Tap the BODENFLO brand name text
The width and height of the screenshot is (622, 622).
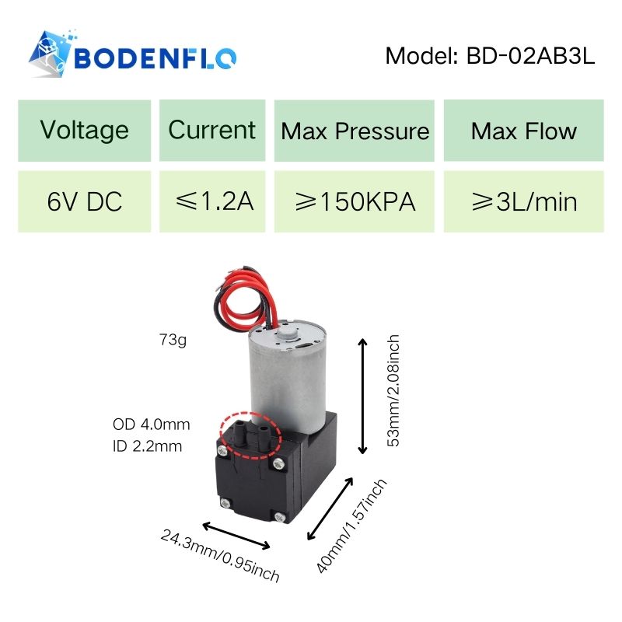point(155,58)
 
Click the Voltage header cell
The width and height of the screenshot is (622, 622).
point(85,131)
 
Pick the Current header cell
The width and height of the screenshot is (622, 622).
point(212,131)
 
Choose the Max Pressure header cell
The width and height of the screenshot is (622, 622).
point(355,131)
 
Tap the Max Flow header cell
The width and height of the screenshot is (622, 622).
point(523,131)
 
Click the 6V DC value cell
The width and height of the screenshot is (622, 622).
point(85,201)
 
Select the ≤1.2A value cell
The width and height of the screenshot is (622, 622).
point(212,201)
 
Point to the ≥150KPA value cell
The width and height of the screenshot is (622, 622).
point(355,201)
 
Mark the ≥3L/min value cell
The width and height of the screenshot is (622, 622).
point(523,201)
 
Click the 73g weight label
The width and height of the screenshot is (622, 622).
point(173,340)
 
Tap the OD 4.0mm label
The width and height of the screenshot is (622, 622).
point(151,425)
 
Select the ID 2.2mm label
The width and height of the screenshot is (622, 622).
point(147,446)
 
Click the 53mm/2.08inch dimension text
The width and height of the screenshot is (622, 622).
point(393,391)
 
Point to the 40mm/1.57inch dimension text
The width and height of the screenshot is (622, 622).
point(351,526)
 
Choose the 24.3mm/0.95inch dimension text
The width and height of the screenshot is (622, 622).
point(220,555)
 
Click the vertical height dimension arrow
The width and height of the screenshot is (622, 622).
point(362,396)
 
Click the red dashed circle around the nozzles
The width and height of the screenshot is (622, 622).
point(250,435)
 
